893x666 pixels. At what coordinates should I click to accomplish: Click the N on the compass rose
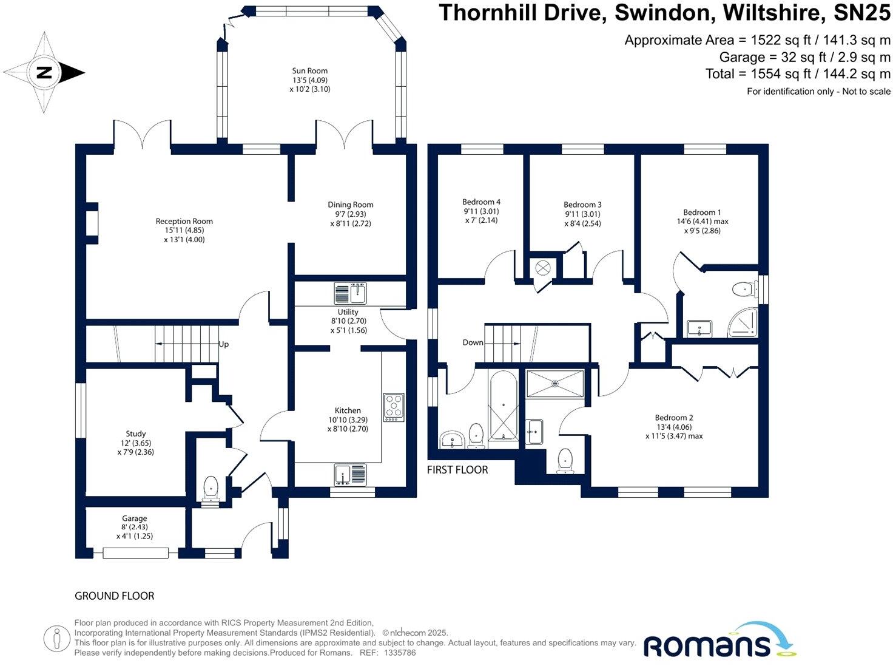pyautogui.click(x=44, y=73)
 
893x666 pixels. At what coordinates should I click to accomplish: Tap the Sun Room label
pyautogui.click(x=309, y=71)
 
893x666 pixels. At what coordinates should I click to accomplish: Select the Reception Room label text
pyautogui.click(x=184, y=222)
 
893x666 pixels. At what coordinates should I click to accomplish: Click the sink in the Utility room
pyautogui.click(x=350, y=293)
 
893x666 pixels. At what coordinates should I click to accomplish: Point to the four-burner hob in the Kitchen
pyautogui.click(x=393, y=407)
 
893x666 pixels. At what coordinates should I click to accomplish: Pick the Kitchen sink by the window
pyautogui.click(x=350, y=475)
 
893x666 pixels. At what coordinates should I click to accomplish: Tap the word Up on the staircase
pyautogui.click(x=223, y=344)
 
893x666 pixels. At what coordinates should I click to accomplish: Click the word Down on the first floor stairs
pyautogui.click(x=473, y=342)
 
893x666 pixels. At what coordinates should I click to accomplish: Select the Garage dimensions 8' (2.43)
pyautogui.click(x=134, y=528)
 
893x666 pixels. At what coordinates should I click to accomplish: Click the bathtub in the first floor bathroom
pyautogui.click(x=503, y=406)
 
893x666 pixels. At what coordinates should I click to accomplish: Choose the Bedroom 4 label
pyautogui.click(x=481, y=202)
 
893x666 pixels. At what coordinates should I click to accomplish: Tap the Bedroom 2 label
pyautogui.click(x=673, y=418)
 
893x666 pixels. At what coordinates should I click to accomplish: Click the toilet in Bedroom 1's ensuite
pyautogui.click(x=743, y=290)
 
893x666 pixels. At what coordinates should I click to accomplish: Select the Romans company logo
pyautogui.click(x=719, y=642)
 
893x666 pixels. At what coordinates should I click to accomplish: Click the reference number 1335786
pyautogui.click(x=400, y=653)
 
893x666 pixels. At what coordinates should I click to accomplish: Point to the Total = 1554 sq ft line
pyautogui.click(x=797, y=74)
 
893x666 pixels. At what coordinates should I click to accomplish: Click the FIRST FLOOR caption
pyautogui.click(x=457, y=469)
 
